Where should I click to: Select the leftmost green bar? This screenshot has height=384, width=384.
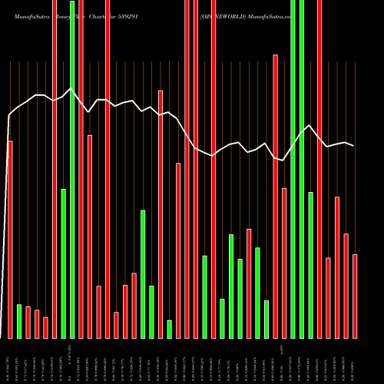click(x=19, y=321)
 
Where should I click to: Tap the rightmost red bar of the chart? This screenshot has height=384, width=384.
click(x=355, y=296)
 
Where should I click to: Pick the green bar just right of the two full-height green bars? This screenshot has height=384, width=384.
click(x=310, y=265)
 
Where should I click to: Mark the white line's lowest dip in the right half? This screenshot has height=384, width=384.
click(x=283, y=160)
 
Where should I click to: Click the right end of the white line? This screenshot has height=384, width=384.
click(x=354, y=146)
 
